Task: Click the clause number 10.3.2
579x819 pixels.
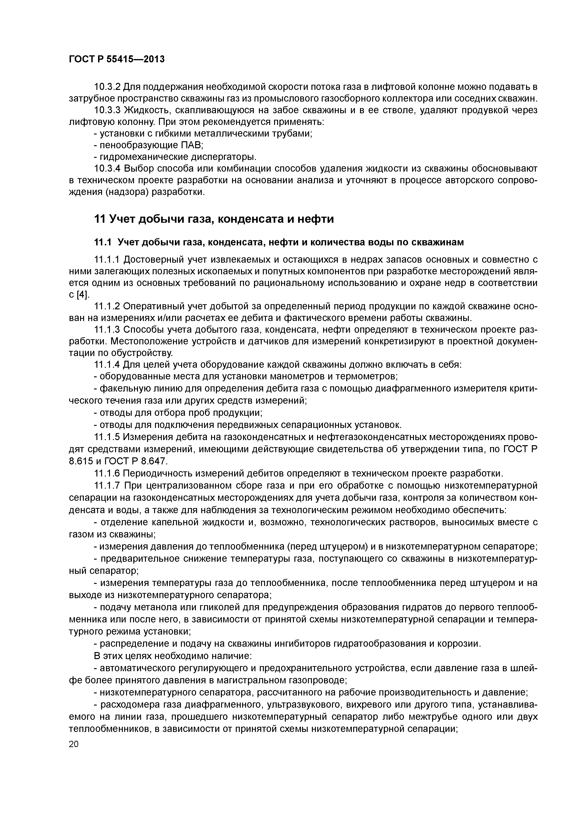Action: pos(107,87)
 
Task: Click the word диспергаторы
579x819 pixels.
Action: pos(224,157)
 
